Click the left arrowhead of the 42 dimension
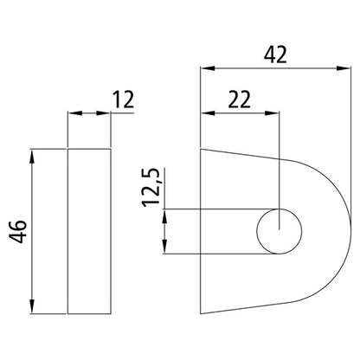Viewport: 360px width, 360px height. click(x=206, y=66)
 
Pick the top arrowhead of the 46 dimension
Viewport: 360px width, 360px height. click(x=32, y=155)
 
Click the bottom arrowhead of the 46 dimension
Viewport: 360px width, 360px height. click(x=32, y=309)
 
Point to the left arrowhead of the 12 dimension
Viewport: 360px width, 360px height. click(x=73, y=113)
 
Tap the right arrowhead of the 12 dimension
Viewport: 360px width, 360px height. click(x=106, y=113)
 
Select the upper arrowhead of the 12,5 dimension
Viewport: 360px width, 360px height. click(x=164, y=215)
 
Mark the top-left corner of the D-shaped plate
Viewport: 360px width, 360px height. click(x=202, y=150)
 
